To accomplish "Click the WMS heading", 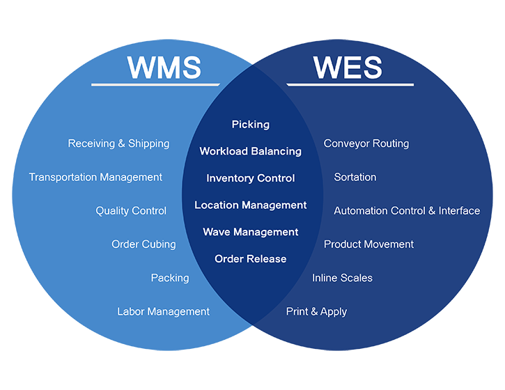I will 164,68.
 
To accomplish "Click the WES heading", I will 348,68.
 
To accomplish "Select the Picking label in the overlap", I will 250,125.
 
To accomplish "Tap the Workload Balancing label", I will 250,151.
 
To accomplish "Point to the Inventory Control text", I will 250,178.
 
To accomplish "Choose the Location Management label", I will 250,205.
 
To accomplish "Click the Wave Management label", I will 250,232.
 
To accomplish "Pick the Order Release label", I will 250,259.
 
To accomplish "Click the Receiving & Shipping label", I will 118,143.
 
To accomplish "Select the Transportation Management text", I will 95,178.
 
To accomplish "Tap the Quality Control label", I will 131,211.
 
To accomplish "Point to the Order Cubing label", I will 143,244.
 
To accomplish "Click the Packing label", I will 170,278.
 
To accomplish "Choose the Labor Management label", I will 163,312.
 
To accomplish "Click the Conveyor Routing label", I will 366,143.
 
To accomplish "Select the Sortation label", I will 355,178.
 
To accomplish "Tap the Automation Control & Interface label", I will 407,211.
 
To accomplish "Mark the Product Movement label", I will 368,244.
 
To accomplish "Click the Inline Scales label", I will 342,278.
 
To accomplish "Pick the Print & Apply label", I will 316,312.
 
